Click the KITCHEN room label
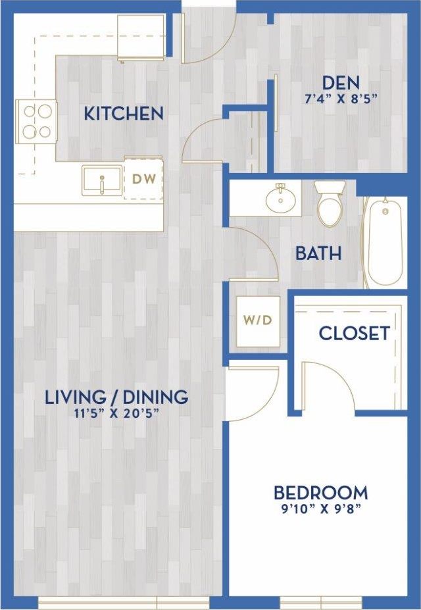pos(124,113)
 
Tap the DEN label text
pos(340,83)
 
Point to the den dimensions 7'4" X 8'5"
pos(340,100)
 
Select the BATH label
pos(318,253)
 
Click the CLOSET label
pos(354,333)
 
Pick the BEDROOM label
pos(320,492)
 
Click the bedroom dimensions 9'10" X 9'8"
pos(320,508)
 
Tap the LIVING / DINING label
pos(116,397)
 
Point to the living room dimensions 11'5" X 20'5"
pos(116,413)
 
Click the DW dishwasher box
pos(143,178)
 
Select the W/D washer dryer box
pos(258,321)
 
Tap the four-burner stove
pos(36,122)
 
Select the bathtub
pos(385,241)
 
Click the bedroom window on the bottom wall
pos(321,601)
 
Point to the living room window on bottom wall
pos(124,601)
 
